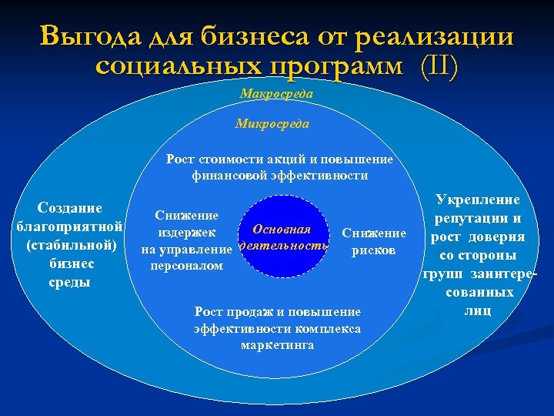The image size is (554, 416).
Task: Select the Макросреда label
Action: click(276, 93)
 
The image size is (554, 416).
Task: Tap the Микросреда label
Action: click(272, 123)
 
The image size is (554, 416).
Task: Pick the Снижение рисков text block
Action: click(373, 242)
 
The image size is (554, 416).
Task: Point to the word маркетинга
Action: click(277, 345)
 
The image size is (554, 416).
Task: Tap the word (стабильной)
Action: click(71, 245)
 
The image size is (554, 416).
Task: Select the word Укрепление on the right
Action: click(477, 200)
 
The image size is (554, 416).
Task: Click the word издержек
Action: click(187, 233)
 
